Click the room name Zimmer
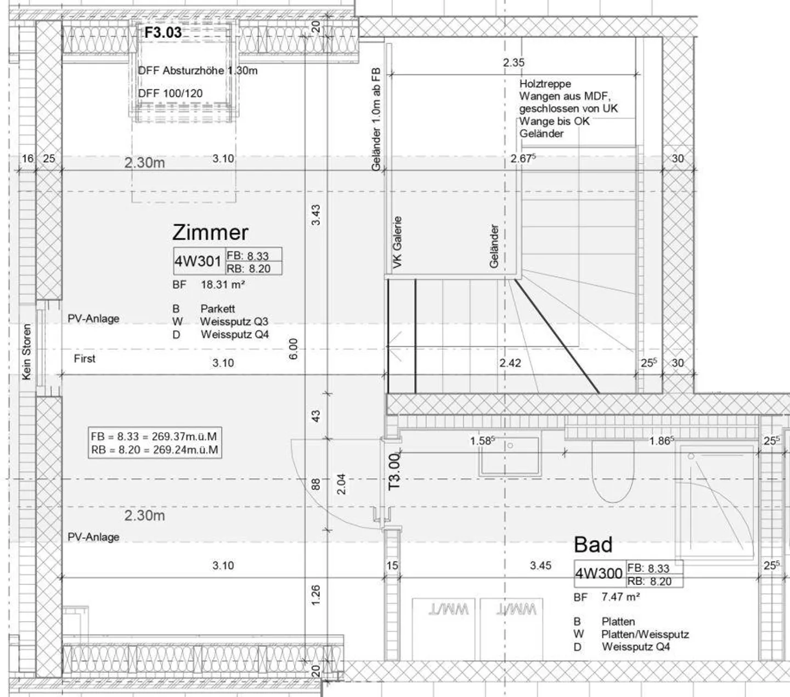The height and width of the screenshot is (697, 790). pyautogui.click(x=210, y=233)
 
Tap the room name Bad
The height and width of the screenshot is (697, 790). pyautogui.click(x=593, y=544)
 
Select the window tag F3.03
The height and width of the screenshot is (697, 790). pyautogui.click(x=163, y=32)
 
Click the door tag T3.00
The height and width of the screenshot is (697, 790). pyautogui.click(x=394, y=471)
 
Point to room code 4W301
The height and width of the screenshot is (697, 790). pyautogui.click(x=198, y=261)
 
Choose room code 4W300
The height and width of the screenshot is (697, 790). pyautogui.click(x=599, y=573)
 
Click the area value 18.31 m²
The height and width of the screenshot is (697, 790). pyautogui.click(x=223, y=285)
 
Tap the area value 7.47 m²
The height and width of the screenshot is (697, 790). pyautogui.click(x=620, y=597)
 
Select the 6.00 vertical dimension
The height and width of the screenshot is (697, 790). pyautogui.click(x=293, y=349)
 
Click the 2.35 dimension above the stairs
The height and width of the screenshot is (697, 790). pyautogui.click(x=513, y=63)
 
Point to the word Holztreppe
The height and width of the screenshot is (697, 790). pyautogui.click(x=545, y=84)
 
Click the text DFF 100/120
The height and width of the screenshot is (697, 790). pyautogui.click(x=171, y=93)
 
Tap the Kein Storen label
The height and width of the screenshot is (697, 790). pyautogui.click(x=26, y=352)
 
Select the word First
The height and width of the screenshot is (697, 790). pyautogui.click(x=84, y=359)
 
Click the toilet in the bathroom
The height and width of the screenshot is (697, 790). pyautogui.click(x=613, y=471)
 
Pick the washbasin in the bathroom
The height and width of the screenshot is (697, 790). pyautogui.click(x=509, y=456)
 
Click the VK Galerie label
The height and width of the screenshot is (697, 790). pyautogui.click(x=397, y=242)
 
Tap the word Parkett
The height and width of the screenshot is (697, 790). pyautogui.click(x=218, y=309)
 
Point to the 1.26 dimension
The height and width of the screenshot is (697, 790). pyautogui.click(x=316, y=595)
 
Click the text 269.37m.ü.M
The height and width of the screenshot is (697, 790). pyautogui.click(x=185, y=437)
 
